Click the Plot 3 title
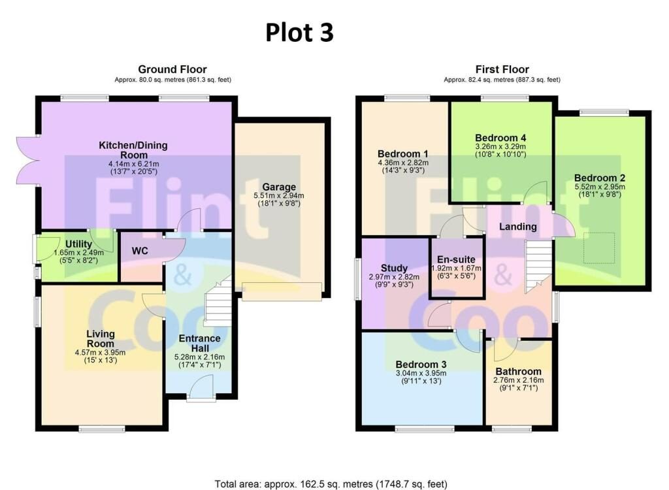point(299,33)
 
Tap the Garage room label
point(279,187)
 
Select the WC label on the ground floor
point(140,250)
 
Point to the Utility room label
point(78,244)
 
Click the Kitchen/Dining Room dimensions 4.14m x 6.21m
point(133,163)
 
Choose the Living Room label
point(101,338)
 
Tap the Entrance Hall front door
point(201,389)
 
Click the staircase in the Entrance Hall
point(218,301)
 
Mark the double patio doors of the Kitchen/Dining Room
point(29,161)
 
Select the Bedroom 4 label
point(500,138)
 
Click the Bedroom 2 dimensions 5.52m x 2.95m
point(600,187)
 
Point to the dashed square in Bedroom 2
point(599,248)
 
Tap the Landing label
point(518,227)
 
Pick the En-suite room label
point(456,259)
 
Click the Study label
point(394,269)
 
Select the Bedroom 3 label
point(421,365)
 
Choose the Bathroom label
point(518,371)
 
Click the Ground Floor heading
point(172,69)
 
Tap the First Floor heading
point(502,69)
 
